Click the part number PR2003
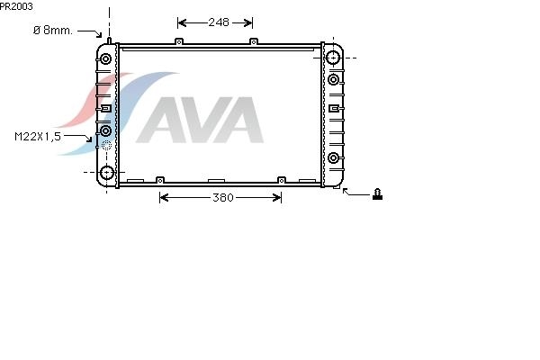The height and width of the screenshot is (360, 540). click(16, 6)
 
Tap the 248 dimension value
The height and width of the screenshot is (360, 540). click(219, 22)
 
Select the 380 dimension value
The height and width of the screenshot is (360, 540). click(223, 197)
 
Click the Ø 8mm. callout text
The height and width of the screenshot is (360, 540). click(53, 31)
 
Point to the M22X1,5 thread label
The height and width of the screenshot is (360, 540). click(38, 137)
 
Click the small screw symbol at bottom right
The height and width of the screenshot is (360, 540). click(377, 194)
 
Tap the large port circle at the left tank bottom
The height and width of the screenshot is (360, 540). click(107, 172)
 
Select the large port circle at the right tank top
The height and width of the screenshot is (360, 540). click(333, 58)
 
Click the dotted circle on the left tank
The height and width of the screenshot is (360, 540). click(107, 146)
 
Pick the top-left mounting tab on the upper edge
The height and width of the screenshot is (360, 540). click(179, 41)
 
